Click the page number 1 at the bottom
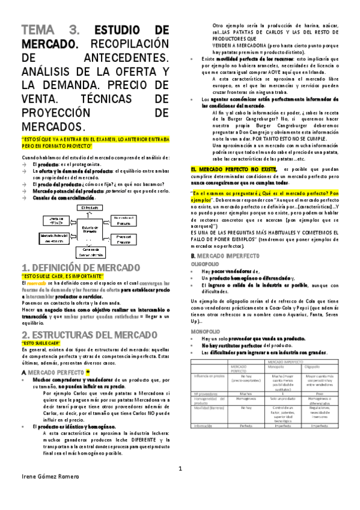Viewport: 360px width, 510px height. [179, 469]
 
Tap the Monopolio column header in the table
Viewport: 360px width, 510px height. [274, 366]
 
